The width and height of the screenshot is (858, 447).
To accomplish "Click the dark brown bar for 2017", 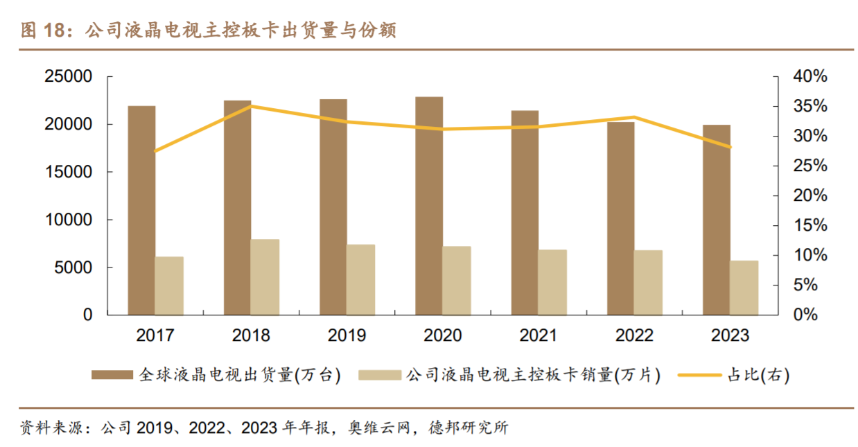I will tap(141, 211).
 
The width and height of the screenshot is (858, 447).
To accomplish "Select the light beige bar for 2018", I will tap(265, 277).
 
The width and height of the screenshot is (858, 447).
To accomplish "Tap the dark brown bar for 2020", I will tap(429, 206).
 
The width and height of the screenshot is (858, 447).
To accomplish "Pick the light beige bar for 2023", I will tap(744, 288).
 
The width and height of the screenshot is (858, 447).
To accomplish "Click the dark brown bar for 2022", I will tap(621, 218).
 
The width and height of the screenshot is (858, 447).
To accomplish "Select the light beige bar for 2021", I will tap(552, 282).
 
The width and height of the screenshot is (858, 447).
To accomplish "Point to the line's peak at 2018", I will tap(251, 106).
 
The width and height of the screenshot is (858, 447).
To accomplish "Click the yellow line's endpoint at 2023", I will tap(730, 147).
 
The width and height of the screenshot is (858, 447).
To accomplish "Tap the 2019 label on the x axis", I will tap(347, 335).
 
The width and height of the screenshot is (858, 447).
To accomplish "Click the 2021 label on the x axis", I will tap(539, 335).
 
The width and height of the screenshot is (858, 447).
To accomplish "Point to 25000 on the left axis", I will tap(69, 76).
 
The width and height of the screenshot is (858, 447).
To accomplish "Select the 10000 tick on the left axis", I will tap(69, 220).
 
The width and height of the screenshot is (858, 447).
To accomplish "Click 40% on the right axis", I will tap(810, 76).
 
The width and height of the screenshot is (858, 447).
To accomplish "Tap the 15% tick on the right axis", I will tap(810, 225).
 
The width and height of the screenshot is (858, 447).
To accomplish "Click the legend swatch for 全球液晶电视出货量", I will tap(112, 375).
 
